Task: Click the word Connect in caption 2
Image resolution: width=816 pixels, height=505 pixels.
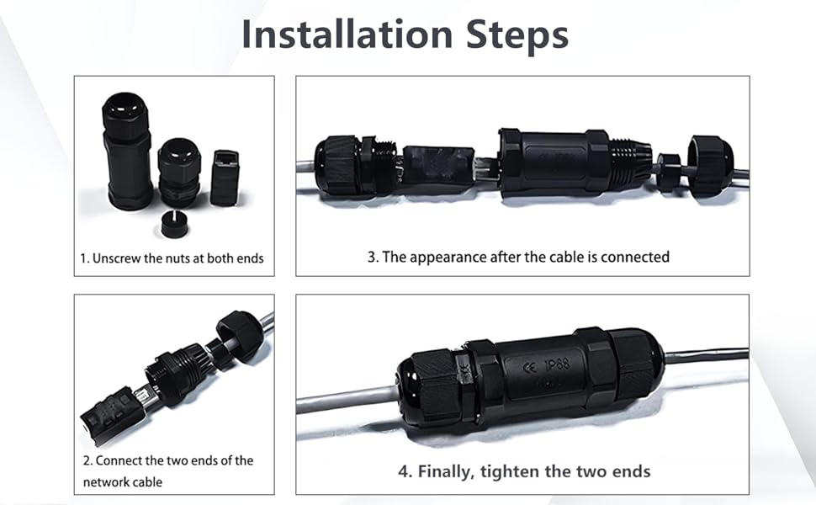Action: pos(119,460)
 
